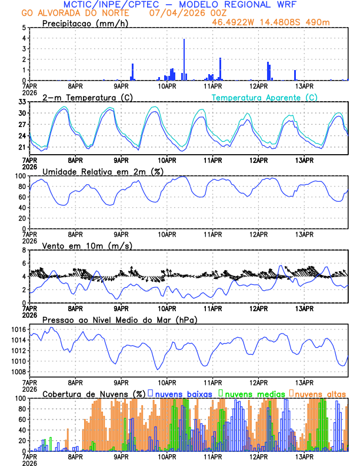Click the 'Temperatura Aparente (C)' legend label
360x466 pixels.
[x=264, y=97]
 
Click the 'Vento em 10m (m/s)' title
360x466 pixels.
[x=87, y=245]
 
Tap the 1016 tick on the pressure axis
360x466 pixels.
[x=18, y=329]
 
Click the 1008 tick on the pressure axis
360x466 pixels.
[x=18, y=372]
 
